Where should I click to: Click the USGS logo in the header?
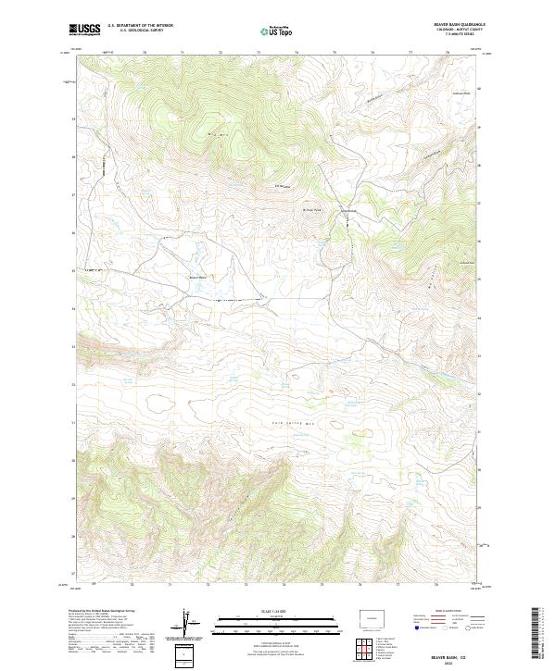pyautogui.click(x=85, y=30)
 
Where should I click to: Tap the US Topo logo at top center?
pyautogui.click(x=277, y=31)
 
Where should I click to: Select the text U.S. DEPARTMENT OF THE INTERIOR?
pyautogui.click(x=140, y=24)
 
